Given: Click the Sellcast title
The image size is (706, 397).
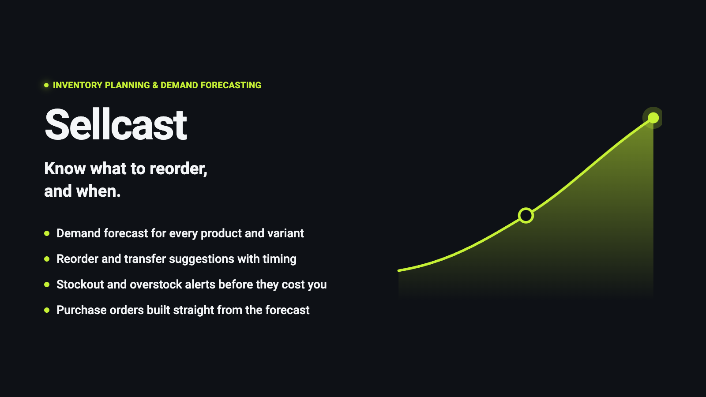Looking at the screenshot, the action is coord(116,124).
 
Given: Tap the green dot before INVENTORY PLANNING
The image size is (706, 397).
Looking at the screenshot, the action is coord(46,85).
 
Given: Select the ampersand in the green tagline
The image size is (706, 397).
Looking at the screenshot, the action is coord(155,85).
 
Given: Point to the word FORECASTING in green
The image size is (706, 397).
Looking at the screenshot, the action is coord(231,85).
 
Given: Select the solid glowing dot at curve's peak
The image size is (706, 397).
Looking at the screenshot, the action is coord(653,118).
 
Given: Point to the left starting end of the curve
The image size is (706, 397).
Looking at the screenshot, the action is coord(399,270).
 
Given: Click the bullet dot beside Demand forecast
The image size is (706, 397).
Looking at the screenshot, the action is coord(47,233).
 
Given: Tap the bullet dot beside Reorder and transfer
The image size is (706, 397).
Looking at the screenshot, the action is coord(47,259).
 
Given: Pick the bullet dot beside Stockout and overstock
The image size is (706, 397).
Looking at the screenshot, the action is coord(47,285).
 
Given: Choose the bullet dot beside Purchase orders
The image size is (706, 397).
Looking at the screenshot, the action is coord(47,310).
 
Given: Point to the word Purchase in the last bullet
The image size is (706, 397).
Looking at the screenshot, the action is coord(82,310).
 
